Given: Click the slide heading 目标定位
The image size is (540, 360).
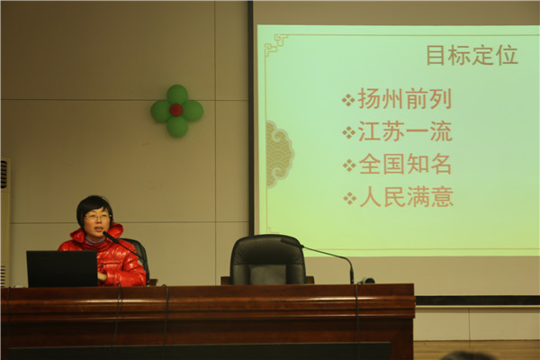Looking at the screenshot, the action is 472,55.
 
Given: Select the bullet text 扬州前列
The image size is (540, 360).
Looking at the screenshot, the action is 405,99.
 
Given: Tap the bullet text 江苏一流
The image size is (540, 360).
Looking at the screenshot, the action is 405,131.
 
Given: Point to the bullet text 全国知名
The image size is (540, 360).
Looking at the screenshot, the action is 405,164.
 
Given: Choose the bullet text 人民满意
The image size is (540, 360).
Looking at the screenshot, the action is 406,197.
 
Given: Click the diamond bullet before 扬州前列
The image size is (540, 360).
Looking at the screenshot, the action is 348,100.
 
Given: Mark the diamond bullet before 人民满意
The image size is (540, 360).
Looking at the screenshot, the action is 349,198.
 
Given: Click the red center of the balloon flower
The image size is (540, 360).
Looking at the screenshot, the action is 176,110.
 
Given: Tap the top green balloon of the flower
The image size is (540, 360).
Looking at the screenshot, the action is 177,94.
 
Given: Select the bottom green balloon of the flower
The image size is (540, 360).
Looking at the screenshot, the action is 177,126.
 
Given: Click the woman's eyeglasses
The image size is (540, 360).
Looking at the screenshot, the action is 98,217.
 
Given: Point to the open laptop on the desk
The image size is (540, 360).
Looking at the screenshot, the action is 62,269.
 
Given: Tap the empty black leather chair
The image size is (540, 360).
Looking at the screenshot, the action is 267,260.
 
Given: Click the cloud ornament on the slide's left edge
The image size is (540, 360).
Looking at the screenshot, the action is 280,154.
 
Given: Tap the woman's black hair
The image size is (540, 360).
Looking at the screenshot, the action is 94,207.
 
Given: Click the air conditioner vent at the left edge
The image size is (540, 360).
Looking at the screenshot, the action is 4,175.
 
